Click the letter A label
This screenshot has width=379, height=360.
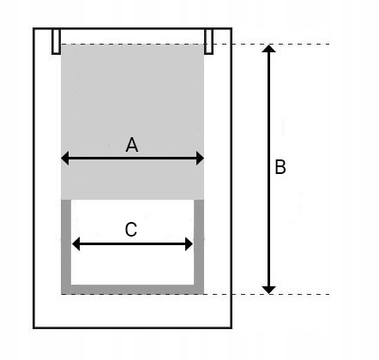132,145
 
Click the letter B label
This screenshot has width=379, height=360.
280,167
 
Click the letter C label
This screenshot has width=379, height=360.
131,230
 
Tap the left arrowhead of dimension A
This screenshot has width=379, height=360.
65,159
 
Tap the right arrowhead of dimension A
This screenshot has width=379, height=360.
200,159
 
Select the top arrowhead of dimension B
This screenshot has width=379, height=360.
269,49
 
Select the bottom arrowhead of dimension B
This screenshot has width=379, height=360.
269,290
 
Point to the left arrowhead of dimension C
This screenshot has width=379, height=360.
75,244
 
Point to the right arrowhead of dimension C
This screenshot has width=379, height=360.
189,244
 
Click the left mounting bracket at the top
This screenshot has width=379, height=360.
56,41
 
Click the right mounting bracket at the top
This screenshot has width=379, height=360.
208,41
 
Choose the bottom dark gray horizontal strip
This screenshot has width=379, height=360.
133,290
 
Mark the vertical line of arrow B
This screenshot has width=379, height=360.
269,169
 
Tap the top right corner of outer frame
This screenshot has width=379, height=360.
232,28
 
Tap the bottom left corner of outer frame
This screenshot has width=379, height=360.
33,327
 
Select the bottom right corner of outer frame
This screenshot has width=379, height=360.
232,327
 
